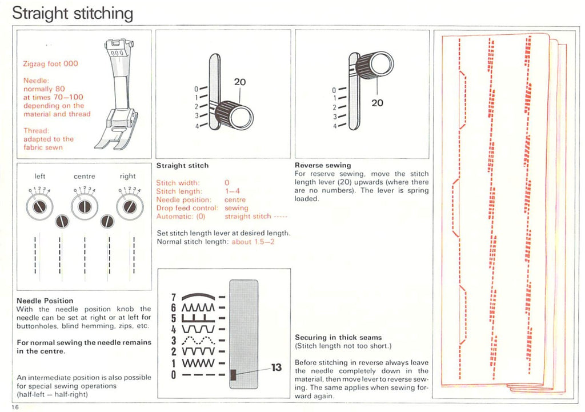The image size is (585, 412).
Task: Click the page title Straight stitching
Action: (x=73, y=13)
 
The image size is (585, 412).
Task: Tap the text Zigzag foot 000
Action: (x=50, y=63)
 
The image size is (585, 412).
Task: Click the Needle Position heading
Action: (x=45, y=301)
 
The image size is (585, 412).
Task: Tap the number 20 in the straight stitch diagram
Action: (x=240, y=82)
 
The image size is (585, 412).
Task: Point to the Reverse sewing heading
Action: (x=323, y=165)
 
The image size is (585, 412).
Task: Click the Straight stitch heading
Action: (x=182, y=165)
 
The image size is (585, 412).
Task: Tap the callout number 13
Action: (x=276, y=367)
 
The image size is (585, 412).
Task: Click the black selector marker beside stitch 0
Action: (x=233, y=375)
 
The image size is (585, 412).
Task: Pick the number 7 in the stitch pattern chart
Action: (x=174, y=298)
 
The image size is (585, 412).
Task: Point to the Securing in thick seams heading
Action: (x=338, y=337)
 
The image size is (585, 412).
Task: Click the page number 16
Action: (x=14, y=406)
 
